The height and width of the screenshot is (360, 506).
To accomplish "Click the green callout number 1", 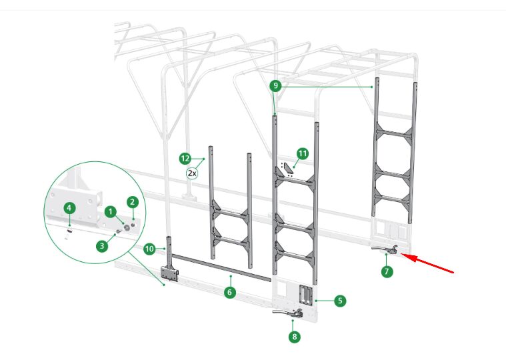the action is click(x=111, y=212).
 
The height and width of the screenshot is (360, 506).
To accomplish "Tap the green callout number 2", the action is click(x=132, y=202).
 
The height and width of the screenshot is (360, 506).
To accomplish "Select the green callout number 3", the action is click(x=102, y=246).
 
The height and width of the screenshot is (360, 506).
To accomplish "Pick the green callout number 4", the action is click(x=69, y=208).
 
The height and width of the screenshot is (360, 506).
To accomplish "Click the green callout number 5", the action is click(x=340, y=301).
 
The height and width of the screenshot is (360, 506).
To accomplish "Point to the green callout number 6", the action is click(x=229, y=292).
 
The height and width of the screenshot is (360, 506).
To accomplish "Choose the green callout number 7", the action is click(x=387, y=271).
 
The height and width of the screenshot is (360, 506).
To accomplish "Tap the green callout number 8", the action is click(x=294, y=337).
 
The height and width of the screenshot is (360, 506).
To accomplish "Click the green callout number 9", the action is click(x=275, y=85).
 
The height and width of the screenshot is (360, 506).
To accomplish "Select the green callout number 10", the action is click(x=149, y=249).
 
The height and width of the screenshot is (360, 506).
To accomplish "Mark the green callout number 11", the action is click(x=303, y=153).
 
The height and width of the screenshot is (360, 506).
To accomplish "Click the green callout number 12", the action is click(x=185, y=159).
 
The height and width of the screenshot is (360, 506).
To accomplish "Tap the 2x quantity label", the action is click(x=192, y=173).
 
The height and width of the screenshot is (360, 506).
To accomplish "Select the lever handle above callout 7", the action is click(x=384, y=249).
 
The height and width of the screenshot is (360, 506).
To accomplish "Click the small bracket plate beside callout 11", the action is click(x=287, y=170).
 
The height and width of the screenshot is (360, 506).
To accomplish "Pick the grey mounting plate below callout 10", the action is click(x=170, y=274).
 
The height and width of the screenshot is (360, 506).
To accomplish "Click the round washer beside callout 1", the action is click(x=127, y=227).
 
